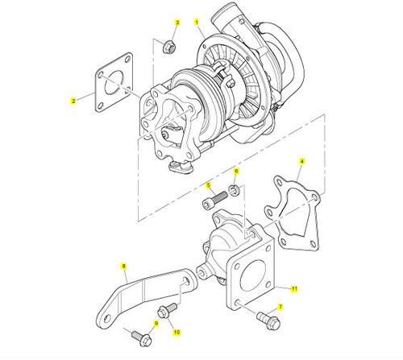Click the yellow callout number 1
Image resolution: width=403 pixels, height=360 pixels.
[x=197, y=22]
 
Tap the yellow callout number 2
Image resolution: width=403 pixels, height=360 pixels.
[x=73, y=101]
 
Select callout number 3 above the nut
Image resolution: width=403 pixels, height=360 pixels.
[x=177, y=23]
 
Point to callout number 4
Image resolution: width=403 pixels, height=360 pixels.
[x=302, y=162]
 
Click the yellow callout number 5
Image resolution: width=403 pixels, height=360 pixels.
[x=209, y=185]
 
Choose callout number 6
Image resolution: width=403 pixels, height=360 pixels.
[x=236, y=172]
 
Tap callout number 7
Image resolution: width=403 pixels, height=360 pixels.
[x=280, y=307]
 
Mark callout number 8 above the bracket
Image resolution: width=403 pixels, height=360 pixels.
[x=124, y=267]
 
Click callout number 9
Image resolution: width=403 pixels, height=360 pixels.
[x=156, y=324]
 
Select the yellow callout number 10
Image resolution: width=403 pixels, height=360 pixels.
[x=177, y=333]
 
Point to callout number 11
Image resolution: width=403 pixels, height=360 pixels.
[x=295, y=289]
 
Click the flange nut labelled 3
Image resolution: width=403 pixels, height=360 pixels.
[x=169, y=47]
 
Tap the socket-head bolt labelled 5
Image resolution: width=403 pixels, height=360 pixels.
[x=214, y=200]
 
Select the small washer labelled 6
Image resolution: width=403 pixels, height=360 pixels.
[x=234, y=190]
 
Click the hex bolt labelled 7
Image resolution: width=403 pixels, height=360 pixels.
[x=268, y=320]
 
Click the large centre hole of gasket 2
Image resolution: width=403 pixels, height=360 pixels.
[x=114, y=82]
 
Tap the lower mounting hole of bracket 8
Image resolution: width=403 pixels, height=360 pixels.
[x=107, y=319]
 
